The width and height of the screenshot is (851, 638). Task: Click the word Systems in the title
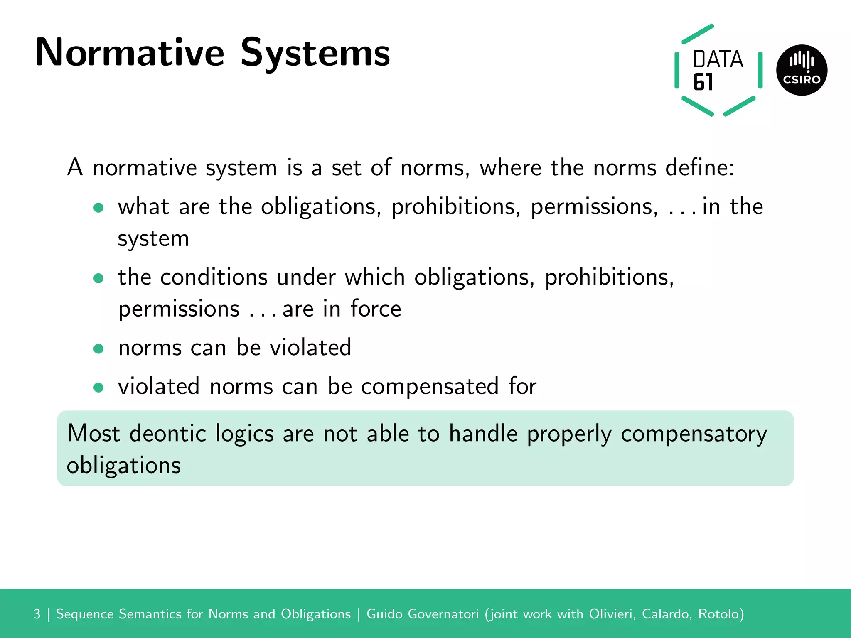pyautogui.click(x=315, y=53)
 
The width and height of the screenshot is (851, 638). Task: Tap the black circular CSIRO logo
pyautogui.click(x=802, y=70)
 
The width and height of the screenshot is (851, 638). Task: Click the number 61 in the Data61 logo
pyautogui.click(x=703, y=82)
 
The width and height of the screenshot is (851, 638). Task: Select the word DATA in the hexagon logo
pyautogui.click(x=718, y=59)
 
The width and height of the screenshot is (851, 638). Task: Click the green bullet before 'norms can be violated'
pyautogui.click(x=98, y=348)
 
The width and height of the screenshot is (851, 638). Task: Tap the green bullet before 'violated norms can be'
pyautogui.click(x=98, y=388)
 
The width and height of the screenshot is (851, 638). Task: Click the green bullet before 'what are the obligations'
pyautogui.click(x=98, y=208)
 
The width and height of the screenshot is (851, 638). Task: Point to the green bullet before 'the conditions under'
pyautogui.click(x=98, y=278)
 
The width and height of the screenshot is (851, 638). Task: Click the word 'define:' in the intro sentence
pyautogui.click(x=700, y=168)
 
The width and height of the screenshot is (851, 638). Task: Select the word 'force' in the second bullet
pyautogui.click(x=376, y=309)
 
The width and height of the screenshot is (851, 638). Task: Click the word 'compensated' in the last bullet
pyautogui.click(x=430, y=387)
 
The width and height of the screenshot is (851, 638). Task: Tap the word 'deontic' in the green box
pyautogui.click(x=168, y=434)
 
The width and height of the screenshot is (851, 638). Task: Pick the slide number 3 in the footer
pyautogui.click(x=37, y=614)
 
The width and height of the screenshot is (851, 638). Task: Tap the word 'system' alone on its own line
pyautogui.click(x=153, y=239)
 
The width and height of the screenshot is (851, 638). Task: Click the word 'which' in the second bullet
pyautogui.click(x=374, y=277)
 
